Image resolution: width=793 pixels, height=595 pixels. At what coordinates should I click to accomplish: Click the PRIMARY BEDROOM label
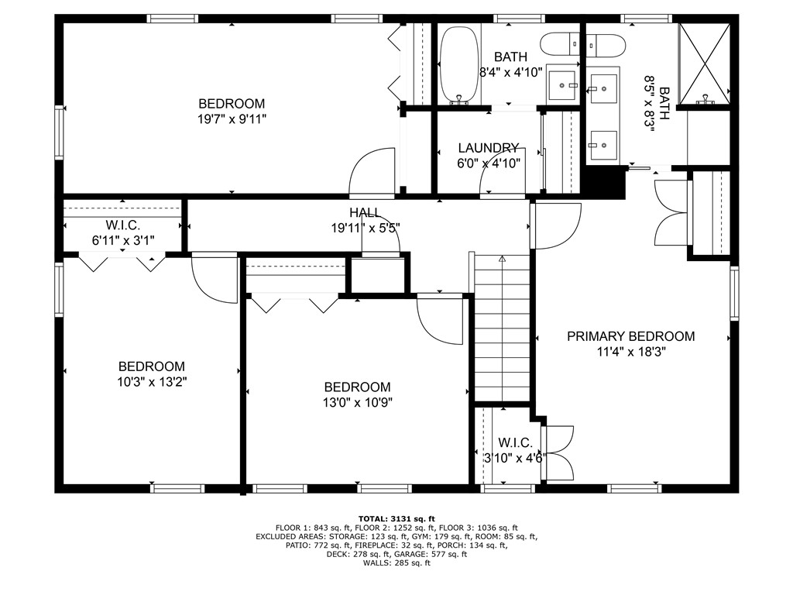(x=630, y=336)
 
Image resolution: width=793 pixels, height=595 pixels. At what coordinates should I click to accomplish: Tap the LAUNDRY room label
(x=488, y=148)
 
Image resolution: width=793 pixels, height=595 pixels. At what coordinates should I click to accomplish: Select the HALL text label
(x=364, y=212)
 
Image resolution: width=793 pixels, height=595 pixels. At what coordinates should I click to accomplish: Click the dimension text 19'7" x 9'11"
(x=232, y=119)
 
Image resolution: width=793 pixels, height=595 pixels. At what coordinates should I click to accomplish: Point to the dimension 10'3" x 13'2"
(x=151, y=381)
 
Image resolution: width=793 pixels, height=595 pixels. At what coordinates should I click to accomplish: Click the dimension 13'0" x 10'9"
(x=357, y=402)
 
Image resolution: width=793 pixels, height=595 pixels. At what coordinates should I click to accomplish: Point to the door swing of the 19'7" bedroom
(x=370, y=172)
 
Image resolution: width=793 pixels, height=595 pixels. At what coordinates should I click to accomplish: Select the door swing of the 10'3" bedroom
(x=213, y=277)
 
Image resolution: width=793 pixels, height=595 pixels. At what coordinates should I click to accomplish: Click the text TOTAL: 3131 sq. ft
(x=396, y=518)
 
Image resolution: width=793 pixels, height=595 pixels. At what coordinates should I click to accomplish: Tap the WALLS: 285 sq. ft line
(x=396, y=563)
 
